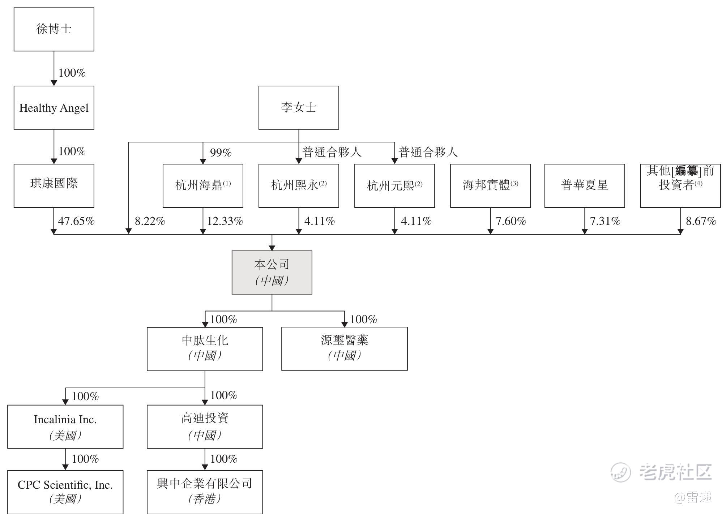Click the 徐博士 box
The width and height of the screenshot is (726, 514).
point(54,29)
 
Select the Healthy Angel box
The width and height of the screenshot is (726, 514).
point(54,108)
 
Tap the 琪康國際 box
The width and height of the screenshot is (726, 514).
point(54,186)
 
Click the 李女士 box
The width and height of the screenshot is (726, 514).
point(299,108)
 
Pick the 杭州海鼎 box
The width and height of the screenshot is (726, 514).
point(203,186)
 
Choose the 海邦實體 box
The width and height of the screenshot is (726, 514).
point(490,186)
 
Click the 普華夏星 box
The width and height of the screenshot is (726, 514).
point(585,186)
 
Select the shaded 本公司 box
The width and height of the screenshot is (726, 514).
point(272,273)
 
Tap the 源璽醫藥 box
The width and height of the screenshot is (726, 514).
point(344,349)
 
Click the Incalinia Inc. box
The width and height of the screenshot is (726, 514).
point(65,427)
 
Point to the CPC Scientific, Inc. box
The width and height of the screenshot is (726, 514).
point(65,492)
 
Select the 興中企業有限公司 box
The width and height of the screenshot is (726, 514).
point(205,492)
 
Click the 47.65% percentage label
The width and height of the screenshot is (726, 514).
point(76,221)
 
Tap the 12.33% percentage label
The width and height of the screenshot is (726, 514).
point(225,221)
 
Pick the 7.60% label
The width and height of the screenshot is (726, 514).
point(511,221)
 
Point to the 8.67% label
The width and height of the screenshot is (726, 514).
point(701,221)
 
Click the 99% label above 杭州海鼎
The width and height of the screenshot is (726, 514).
point(221,153)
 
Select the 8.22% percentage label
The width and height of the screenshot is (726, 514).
point(150,221)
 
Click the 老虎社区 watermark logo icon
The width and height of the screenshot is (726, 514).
point(620,472)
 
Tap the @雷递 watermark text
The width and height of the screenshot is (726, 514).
point(693,497)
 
